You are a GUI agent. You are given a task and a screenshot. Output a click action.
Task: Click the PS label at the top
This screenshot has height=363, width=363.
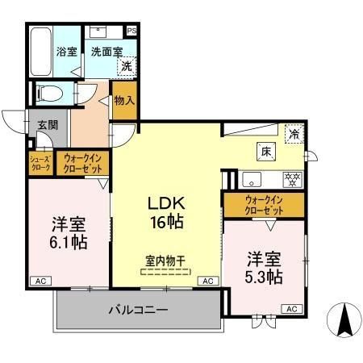[x=131, y=31]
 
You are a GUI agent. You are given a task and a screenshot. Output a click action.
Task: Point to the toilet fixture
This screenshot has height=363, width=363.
[x=48, y=92]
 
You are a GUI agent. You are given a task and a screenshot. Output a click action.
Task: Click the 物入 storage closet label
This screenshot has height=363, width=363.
[x=123, y=100]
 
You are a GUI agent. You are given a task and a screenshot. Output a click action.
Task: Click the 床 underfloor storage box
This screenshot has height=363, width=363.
[x=265, y=151]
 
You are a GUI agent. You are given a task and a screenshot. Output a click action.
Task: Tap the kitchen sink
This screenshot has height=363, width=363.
[x=249, y=178]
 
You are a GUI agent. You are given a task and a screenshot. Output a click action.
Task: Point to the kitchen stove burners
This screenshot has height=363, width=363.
[x=290, y=178]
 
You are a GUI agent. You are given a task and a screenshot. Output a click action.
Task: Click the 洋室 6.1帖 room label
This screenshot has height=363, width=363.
[x=69, y=232]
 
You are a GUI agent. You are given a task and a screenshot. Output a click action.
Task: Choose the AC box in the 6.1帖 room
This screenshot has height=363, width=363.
[x=40, y=280]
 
